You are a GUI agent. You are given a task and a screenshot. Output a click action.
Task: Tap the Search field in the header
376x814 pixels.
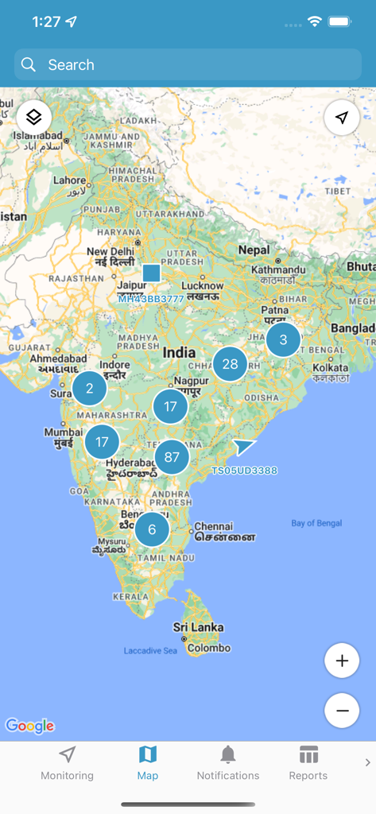pyautogui.click(x=188, y=65)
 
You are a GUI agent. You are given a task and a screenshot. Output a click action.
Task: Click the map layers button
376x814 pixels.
pyautogui.click(x=34, y=118)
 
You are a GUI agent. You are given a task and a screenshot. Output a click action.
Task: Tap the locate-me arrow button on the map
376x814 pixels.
pyautogui.click(x=342, y=118)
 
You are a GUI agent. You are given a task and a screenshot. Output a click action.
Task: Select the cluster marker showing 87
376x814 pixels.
pyautogui.click(x=172, y=457)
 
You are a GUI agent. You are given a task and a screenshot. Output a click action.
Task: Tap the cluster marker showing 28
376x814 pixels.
pyautogui.click(x=230, y=364)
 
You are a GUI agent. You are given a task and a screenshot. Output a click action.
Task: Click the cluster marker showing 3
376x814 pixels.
pyautogui.click(x=283, y=340)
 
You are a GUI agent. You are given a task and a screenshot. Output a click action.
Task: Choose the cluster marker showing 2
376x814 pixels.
pyautogui.click(x=89, y=388)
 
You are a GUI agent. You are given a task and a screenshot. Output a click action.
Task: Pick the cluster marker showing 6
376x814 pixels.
pyautogui.click(x=152, y=529)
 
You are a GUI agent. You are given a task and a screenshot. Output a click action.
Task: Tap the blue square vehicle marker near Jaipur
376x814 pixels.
pyautogui.click(x=151, y=273)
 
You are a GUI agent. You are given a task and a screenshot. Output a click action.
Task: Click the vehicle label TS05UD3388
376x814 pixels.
pyautogui.click(x=244, y=471)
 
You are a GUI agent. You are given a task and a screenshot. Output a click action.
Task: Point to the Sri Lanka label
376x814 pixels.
pyautogui.click(x=198, y=627)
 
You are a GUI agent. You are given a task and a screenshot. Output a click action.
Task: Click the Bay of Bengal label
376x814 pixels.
pyautogui.click(x=316, y=523)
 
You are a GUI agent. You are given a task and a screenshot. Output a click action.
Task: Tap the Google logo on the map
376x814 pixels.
pyautogui.click(x=29, y=725)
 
